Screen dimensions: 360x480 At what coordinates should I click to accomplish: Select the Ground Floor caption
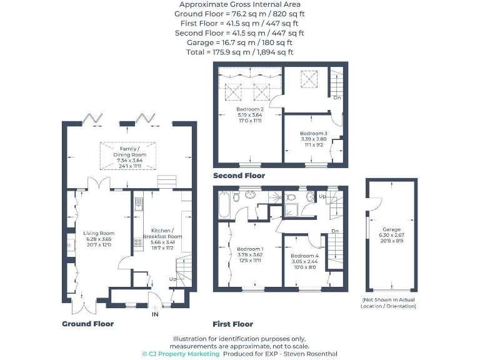pyautogui.click(x=88, y=324)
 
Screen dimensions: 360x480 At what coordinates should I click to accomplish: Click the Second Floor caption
pyautogui.click(x=239, y=176)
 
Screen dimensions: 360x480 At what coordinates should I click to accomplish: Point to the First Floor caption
pyautogui.click(x=233, y=324)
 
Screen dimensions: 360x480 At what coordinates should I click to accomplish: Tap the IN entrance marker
pyautogui.click(x=155, y=314)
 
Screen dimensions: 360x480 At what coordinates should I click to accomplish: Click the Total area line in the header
pyautogui.click(x=240, y=52)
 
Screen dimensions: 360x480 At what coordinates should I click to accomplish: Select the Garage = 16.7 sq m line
pyautogui.click(x=240, y=42)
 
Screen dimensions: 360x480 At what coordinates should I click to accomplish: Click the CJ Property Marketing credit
pyautogui.click(x=181, y=354)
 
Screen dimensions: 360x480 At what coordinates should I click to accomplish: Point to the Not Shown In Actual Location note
pyautogui.click(x=389, y=303)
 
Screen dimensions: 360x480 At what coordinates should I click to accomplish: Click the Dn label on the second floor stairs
pyautogui.click(x=336, y=98)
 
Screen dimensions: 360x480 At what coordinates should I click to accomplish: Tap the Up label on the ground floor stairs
pyautogui.click(x=172, y=279)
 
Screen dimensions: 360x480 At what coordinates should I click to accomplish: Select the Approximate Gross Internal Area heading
pyautogui.click(x=240, y=4)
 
